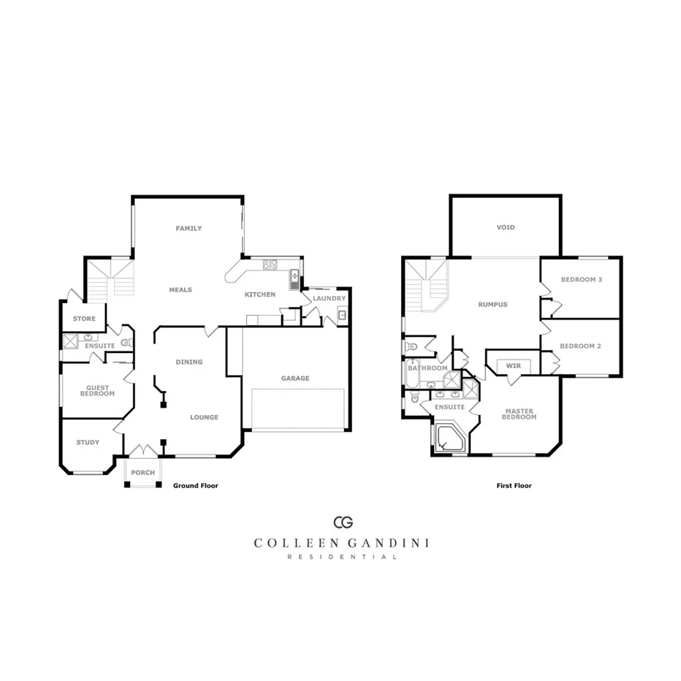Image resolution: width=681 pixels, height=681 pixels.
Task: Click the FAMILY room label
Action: click(x=189, y=229)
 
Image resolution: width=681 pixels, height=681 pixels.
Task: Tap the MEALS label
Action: click(x=180, y=290)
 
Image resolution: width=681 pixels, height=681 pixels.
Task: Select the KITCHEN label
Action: click(x=260, y=294)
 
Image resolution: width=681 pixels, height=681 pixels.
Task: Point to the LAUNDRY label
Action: click(x=329, y=298)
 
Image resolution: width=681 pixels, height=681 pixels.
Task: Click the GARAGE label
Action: click(x=295, y=378)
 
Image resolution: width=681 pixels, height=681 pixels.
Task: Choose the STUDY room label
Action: click(x=88, y=442)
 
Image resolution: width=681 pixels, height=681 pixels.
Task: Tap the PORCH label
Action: click(x=143, y=473)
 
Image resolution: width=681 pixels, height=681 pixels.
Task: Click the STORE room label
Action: click(x=84, y=319)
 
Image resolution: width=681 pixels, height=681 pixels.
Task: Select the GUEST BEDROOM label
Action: click(x=97, y=391)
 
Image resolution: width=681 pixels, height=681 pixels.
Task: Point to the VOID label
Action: click(x=506, y=227)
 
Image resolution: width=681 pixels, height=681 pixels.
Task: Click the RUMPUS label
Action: click(x=492, y=305)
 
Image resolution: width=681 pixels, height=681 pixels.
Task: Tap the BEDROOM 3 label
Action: click(x=582, y=280)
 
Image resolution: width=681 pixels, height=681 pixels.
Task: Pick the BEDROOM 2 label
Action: click(x=580, y=346)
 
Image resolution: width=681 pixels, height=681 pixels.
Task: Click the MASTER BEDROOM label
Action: click(x=520, y=414)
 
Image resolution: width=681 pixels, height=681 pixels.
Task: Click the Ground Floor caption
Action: click(x=195, y=485)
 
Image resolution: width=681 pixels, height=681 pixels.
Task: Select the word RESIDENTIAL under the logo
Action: click(x=342, y=557)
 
